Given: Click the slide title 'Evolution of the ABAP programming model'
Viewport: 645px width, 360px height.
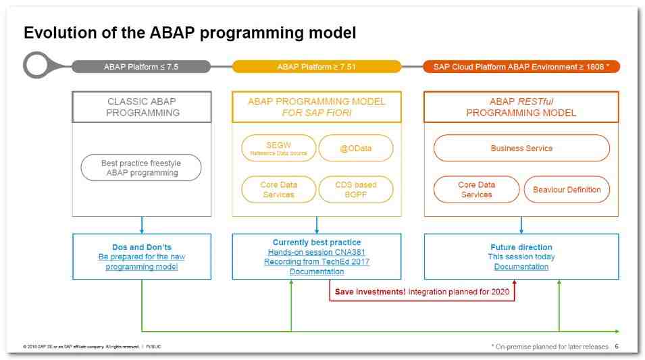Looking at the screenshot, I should pyautogui.click(x=190, y=32).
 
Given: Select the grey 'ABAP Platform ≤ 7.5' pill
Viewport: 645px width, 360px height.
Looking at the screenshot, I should pyautogui.click(x=141, y=66).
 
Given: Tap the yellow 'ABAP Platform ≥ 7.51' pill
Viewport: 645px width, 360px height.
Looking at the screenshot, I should pyautogui.click(x=316, y=66).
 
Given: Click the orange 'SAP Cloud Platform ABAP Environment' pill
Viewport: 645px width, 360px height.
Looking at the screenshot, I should pyautogui.click(x=521, y=66).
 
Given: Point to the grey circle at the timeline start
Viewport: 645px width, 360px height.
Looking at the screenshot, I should pyautogui.click(x=37, y=66).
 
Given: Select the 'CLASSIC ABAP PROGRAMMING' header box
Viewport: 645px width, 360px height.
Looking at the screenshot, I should pyautogui.click(x=143, y=107).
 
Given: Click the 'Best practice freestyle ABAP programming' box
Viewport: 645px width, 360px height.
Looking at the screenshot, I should pyautogui.click(x=141, y=168).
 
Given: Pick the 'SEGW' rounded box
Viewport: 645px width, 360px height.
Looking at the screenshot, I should pyautogui.click(x=278, y=148).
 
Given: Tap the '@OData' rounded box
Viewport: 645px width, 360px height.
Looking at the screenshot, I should pyautogui.click(x=356, y=148).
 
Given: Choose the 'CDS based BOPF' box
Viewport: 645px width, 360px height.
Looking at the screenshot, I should pyautogui.click(x=356, y=190).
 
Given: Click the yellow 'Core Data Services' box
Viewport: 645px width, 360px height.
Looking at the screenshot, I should pyautogui.click(x=278, y=190).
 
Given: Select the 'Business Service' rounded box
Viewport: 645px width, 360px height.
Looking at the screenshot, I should pyautogui.click(x=521, y=148).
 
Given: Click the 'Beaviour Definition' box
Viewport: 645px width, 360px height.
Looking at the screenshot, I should pyautogui.click(x=567, y=190).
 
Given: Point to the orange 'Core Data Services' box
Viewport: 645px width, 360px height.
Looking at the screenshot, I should pyautogui.click(x=476, y=190).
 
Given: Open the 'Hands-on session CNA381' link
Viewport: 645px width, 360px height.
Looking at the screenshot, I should pyautogui.click(x=317, y=252).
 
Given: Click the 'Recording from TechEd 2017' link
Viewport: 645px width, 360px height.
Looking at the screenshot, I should pyautogui.click(x=317, y=261).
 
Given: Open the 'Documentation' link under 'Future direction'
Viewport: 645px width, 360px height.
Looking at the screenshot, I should pyautogui.click(x=521, y=267).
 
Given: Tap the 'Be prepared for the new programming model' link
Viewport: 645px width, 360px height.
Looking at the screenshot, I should pyautogui.click(x=142, y=262).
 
